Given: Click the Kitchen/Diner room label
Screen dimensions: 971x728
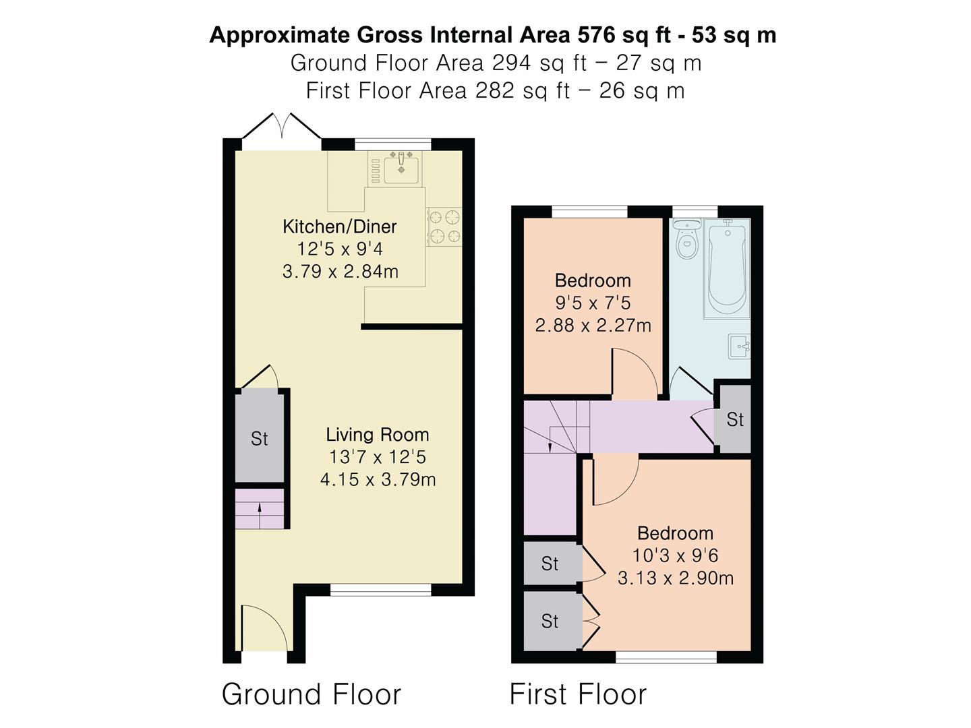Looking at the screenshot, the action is (x=340, y=226).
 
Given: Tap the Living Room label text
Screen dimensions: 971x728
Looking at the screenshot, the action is (x=378, y=435).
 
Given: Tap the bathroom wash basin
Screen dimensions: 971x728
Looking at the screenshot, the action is (x=740, y=346).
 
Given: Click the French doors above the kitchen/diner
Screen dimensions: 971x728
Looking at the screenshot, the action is (x=281, y=126).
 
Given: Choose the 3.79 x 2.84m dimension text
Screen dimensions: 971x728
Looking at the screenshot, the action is (x=340, y=271).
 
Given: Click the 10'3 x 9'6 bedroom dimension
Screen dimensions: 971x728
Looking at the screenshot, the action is (x=675, y=555).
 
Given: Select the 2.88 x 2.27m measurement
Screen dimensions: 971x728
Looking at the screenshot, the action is (x=593, y=326).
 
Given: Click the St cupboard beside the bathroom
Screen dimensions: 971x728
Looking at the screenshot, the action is (x=735, y=419).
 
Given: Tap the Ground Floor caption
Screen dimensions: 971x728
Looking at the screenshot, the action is (x=312, y=694).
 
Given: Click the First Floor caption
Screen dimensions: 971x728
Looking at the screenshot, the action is (x=578, y=694).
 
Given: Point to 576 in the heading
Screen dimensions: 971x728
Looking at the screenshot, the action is (x=595, y=35).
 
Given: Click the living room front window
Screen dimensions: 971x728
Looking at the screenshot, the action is (x=381, y=590).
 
